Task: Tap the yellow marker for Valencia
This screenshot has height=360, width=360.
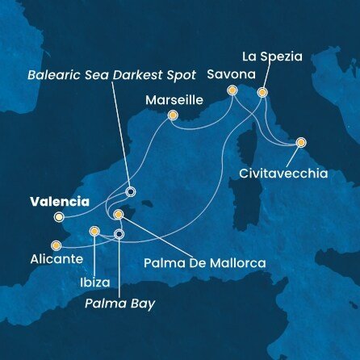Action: click(x=58, y=217)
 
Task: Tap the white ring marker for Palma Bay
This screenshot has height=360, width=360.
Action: click(x=119, y=235)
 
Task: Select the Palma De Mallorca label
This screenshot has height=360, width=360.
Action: click(x=203, y=262)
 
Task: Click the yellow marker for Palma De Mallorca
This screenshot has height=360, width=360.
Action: click(x=119, y=215)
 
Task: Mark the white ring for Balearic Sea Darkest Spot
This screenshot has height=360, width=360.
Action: click(x=129, y=193)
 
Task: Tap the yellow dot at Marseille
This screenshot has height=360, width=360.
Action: click(x=172, y=115)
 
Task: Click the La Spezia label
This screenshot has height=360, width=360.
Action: click(x=272, y=57)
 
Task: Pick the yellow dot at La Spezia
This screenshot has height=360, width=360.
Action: click(x=262, y=93)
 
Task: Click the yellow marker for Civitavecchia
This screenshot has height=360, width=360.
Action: click(x=301, y=142)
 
